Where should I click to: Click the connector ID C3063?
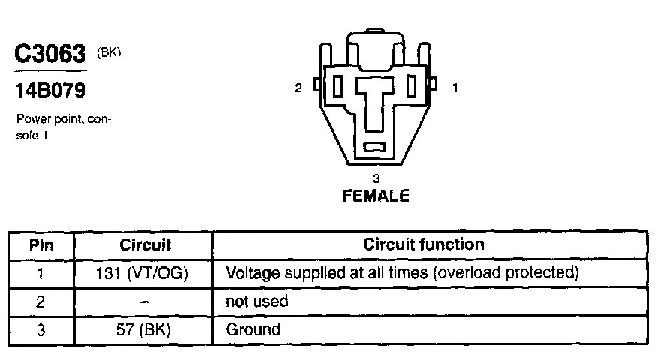click(50, 55)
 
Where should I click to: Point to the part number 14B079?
click(50, 91)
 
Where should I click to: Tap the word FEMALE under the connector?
click(376, 197)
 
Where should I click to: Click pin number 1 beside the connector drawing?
click(454, 88)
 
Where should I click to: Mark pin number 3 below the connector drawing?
click(376, 178)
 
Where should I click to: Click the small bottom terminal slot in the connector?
click(374, 147)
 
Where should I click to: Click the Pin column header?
click(41, 244)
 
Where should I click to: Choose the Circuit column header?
click(145, 244)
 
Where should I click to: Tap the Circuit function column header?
click(424, 244)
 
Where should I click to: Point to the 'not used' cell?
click(256, 301)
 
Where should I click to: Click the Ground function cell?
click(253, 328)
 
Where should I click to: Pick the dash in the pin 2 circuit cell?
click(145, 301)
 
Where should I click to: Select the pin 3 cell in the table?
click(41, 328)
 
